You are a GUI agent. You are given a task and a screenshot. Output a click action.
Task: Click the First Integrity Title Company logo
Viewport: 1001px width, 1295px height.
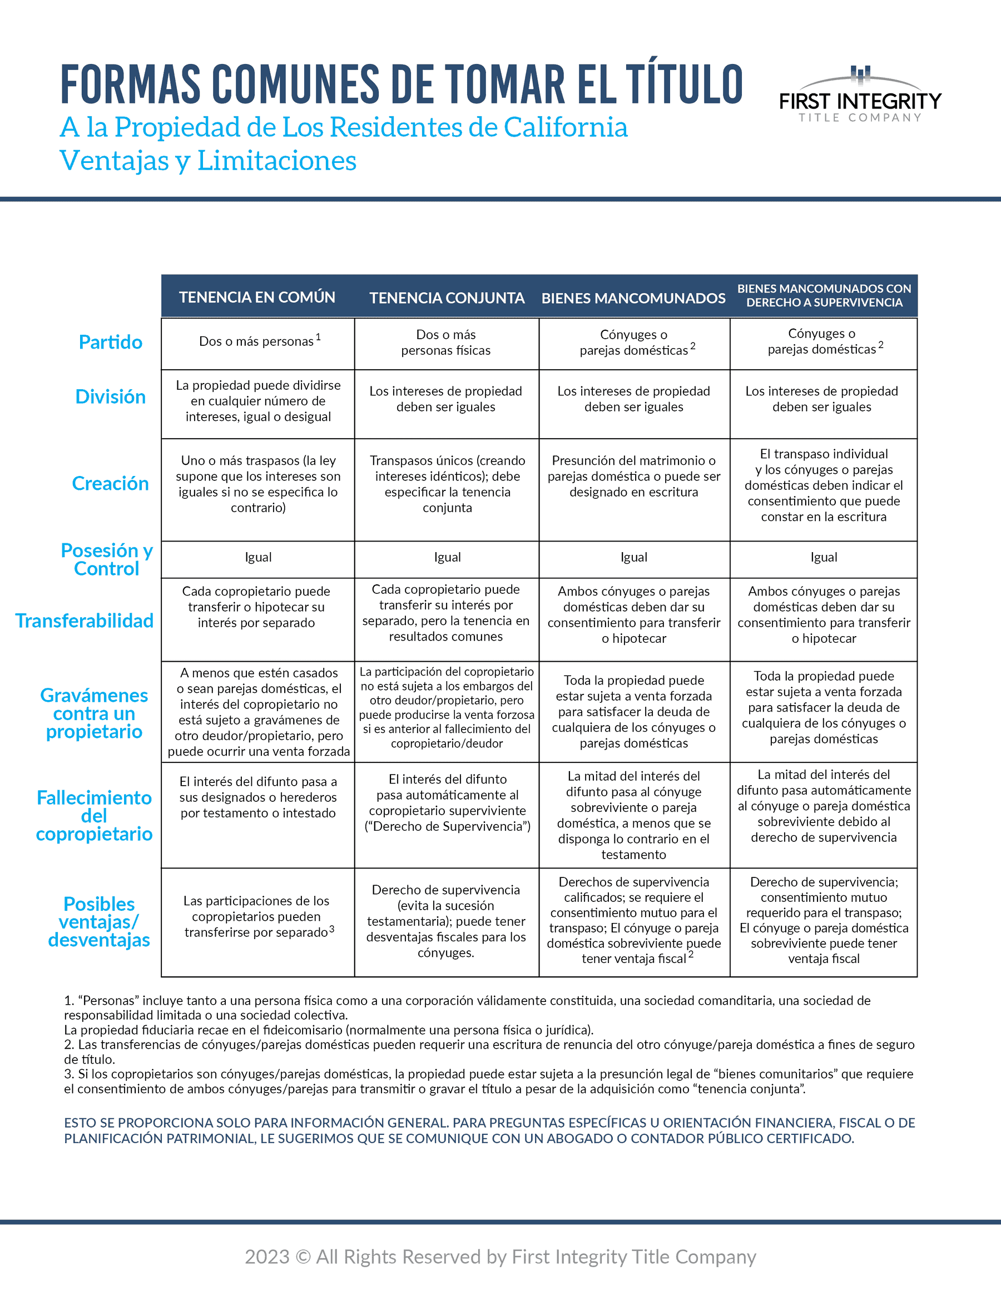point(860,96)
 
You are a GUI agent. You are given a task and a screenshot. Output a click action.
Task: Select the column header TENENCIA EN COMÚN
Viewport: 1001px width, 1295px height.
point(257,297)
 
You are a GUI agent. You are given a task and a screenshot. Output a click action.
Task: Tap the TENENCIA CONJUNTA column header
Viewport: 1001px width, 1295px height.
point(447,297)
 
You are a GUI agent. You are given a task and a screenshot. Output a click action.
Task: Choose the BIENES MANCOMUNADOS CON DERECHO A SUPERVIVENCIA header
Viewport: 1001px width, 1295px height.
point(824,295)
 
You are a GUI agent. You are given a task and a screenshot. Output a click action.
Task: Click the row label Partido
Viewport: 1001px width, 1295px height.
point(110,342)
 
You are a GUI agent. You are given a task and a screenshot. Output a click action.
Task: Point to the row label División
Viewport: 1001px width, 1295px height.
point(110,396)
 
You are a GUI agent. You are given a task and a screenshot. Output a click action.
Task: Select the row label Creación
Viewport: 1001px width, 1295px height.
point(110,483)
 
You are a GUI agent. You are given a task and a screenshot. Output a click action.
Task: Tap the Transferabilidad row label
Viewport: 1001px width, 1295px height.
point(84,621)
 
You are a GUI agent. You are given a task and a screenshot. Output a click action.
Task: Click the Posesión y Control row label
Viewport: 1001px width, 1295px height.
point(107,559)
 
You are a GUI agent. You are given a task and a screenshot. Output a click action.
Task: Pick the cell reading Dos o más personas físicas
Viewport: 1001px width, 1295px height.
point(446,343)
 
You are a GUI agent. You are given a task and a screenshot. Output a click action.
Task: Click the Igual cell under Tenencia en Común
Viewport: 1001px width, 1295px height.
point(258,557)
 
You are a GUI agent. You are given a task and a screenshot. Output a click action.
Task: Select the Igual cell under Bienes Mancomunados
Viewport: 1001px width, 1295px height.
point(634,557)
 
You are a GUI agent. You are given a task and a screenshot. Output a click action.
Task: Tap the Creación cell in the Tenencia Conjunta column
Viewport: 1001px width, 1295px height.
point(447,484)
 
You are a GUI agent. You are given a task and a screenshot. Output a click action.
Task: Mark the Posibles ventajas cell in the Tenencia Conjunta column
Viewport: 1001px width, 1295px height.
point(446,921)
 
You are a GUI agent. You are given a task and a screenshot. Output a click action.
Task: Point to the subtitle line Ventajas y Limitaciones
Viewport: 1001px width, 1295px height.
point(207,161)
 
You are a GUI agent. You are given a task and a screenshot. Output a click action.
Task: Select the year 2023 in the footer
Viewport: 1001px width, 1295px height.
point(267,1257)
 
